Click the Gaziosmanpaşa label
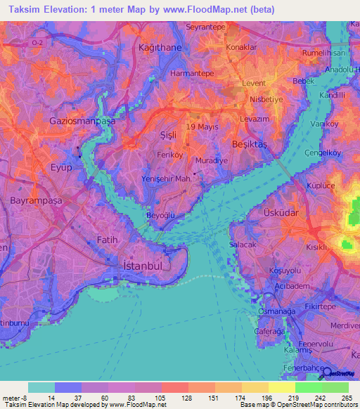tap(82, 121)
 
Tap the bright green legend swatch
tap(308, 387)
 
